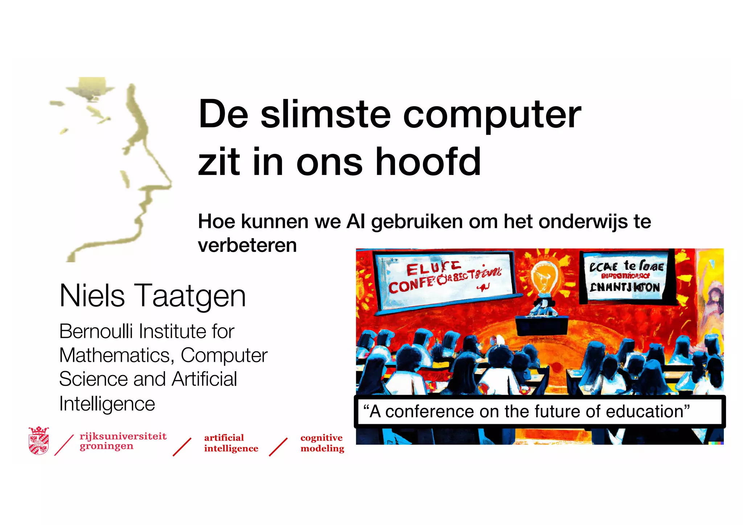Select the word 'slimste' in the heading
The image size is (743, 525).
click(x=325, y=115)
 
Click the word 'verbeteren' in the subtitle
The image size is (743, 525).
click(x=247, y=246)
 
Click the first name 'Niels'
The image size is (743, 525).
click(x=92, y=296)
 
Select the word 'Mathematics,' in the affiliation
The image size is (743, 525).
click(x=116, y=355)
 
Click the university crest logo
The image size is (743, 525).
click(x=38, y=440)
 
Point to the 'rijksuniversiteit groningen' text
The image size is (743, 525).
click(x=123, y=441)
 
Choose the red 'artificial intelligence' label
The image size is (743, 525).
click(x=231, y=443)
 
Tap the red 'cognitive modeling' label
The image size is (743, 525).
click(x=322, y=443)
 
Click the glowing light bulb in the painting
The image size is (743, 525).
click(x=543, y=278)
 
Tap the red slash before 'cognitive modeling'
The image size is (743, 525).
click(x=278, y=447)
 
